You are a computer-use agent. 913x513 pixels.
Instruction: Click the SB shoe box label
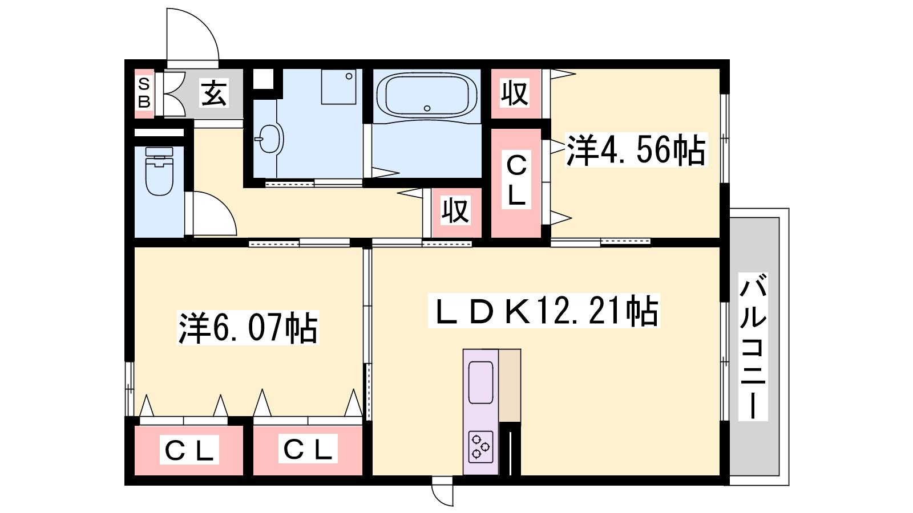click(144, 93)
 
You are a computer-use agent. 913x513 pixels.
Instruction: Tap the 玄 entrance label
click(213, 93)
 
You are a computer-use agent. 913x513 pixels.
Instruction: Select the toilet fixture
click(159, 171)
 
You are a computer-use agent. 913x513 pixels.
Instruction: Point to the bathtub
click(427, 96)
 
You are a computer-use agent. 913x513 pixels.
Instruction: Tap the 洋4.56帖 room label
click(636, 150)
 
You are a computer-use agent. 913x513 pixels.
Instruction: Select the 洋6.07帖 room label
click(248, 328)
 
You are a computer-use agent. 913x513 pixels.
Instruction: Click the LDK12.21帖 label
click(544, 311)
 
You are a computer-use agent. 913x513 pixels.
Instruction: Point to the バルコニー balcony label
click(753, 347)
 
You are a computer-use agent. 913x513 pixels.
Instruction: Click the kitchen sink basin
click(480, 382)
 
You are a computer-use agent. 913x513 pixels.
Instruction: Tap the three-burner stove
click(480, 447)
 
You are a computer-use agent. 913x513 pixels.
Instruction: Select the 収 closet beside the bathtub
click(516, 93)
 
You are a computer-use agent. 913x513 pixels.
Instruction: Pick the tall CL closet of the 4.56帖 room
click(516, 183)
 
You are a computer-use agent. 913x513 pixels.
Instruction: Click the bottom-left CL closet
click(189, 450)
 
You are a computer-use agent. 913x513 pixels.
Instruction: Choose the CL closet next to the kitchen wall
click(308, 450)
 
